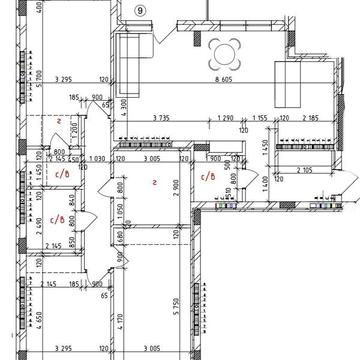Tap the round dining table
coord(226,52)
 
